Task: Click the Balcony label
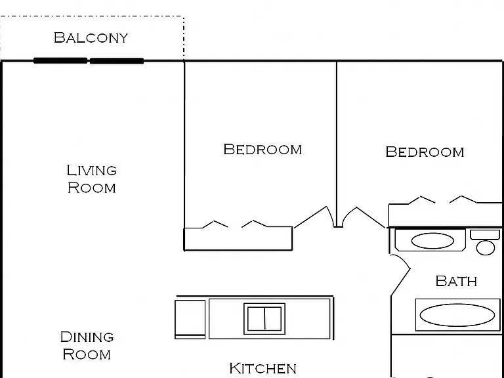[91, 37]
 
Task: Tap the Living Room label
[92, 178]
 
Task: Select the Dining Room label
[87, 346]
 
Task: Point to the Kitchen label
[263, 368]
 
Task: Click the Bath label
[456, 281]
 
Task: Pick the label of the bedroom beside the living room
[262, 150]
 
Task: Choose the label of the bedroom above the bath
[425, 152]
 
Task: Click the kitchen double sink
[264, 318]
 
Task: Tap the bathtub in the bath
[457, 315]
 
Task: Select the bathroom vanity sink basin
[432, 241]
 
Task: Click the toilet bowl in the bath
[486, 248]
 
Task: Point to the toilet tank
[485, 235]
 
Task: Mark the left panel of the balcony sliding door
[60, 60]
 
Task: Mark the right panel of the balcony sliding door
[117, 61]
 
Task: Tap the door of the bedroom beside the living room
[311, 217]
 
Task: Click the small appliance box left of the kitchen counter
[190, 319]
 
